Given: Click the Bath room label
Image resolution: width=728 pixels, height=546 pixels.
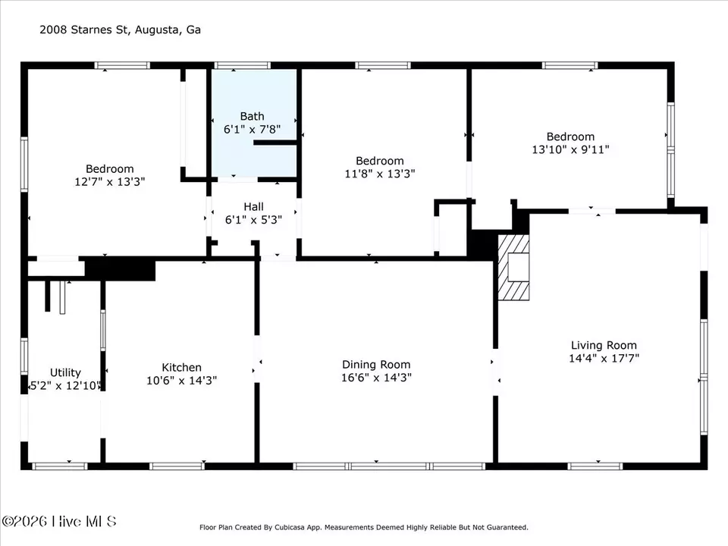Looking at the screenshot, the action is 252,116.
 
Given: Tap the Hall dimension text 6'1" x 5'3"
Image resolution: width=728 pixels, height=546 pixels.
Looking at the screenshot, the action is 253,220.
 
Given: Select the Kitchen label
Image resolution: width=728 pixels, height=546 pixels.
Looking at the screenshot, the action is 181,367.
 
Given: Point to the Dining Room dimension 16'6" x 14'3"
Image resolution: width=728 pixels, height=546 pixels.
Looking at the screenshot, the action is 376,378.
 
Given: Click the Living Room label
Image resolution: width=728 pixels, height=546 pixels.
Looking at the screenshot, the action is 604,346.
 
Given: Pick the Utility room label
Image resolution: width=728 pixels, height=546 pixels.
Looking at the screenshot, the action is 65,373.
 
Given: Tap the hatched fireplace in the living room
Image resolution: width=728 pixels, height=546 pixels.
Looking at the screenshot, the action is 513,267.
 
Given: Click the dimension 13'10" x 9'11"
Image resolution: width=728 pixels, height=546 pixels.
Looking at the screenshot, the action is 570,149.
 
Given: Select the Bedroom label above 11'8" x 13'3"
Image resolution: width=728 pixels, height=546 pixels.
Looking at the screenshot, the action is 380,161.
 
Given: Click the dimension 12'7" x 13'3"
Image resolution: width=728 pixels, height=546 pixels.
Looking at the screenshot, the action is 109,181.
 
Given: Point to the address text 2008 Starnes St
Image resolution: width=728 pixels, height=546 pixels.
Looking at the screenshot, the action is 83,30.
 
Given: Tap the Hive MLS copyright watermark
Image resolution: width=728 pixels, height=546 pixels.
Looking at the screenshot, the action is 59,522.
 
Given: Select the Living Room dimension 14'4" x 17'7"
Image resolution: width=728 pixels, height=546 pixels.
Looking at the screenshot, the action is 604,358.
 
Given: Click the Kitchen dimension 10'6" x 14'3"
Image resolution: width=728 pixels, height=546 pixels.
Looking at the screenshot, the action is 181,380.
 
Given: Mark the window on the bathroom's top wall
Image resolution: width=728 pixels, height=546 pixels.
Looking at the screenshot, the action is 243,65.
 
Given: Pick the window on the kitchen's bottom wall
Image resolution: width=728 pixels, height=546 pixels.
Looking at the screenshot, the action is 176,466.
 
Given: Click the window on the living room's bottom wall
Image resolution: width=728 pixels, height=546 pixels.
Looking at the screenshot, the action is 595,466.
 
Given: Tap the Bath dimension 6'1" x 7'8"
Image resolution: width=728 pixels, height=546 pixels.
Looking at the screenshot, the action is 252,129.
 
